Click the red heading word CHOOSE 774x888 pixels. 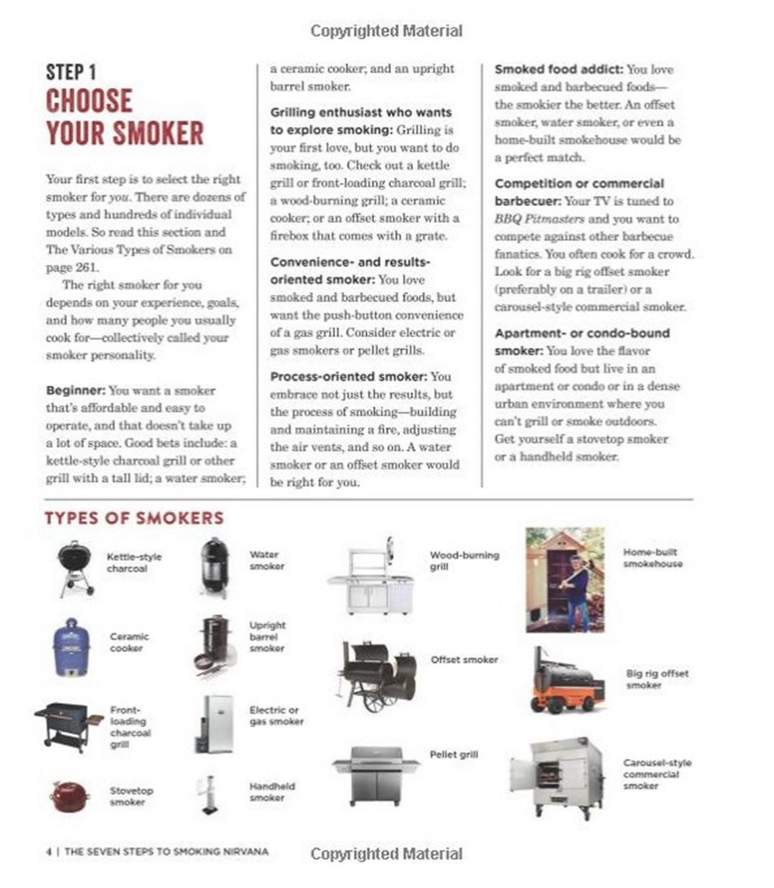[89, 102]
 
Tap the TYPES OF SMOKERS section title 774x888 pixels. [134, 518]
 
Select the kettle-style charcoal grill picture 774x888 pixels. [77, 566]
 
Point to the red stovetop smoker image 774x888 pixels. [70, 795]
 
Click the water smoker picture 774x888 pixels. [215, 566]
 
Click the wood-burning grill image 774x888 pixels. [372, 575]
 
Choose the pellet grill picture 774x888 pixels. [376, 773]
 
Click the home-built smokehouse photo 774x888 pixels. [565, 579]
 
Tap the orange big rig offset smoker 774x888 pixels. [567, 680]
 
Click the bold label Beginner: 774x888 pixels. [75, 390]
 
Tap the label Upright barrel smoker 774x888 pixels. [267, 637]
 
